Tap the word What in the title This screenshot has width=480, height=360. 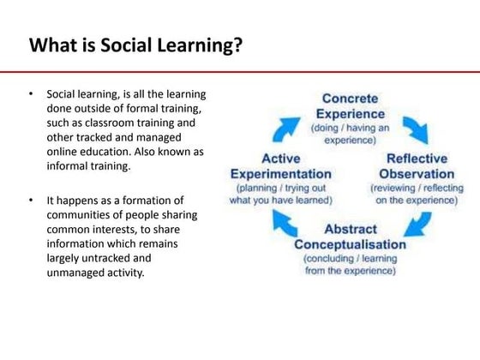[49, 45]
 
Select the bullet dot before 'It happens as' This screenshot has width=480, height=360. [32, 201]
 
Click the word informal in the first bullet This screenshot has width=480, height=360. [75, 166]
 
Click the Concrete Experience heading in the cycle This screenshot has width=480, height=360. [351, 107]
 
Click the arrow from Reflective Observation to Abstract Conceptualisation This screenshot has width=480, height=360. [417, 222]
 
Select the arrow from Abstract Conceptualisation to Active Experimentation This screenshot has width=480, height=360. [284, 221]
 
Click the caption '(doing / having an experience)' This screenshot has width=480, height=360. [350, 132]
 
